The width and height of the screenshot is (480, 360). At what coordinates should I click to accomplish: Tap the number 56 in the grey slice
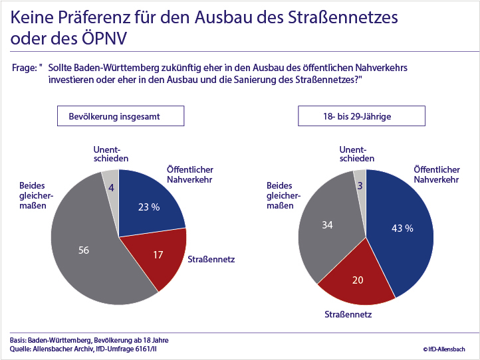click(x=84, y=250)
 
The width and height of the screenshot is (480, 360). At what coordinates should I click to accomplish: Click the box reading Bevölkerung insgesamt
click(x=120, y=116)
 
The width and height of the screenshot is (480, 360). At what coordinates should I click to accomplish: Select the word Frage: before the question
click(x=27, y=68)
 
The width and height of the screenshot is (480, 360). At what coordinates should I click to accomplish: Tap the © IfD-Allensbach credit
click(x=443, y=349)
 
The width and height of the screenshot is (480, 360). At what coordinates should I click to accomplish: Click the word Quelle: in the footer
click(x=24, y=349)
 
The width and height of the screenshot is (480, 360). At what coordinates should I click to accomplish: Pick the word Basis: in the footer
click(x=21, y=339)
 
